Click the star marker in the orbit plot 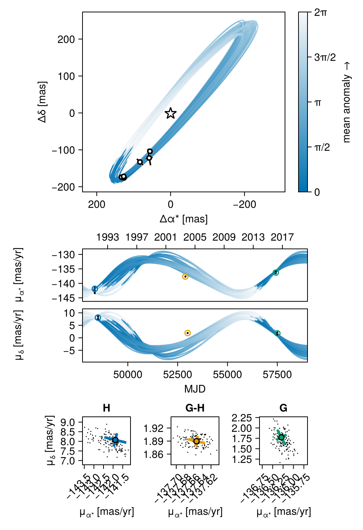tap(171, 113)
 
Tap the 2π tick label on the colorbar tap(321, 12)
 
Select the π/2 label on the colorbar tap(322, 147)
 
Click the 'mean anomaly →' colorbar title tap(346, 102)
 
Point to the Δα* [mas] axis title tap(184, 219)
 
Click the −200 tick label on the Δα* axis tap(244, 205)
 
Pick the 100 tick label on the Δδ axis tap(66, 76)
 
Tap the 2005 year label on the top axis tap(195, 237)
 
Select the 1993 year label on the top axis tap(108, 237)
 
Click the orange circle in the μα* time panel tap(185, 277)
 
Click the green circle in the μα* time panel tap(276, 272)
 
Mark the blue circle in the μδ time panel tap(98, 317)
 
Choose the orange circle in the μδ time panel tap(187, 333)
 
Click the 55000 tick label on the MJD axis tap(227, 374)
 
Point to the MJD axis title tap(195, 389)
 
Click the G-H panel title tap(195, 408)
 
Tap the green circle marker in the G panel tap(281, 437)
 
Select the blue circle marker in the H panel tap(115, 440)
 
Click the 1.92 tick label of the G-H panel tap(154, 428)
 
